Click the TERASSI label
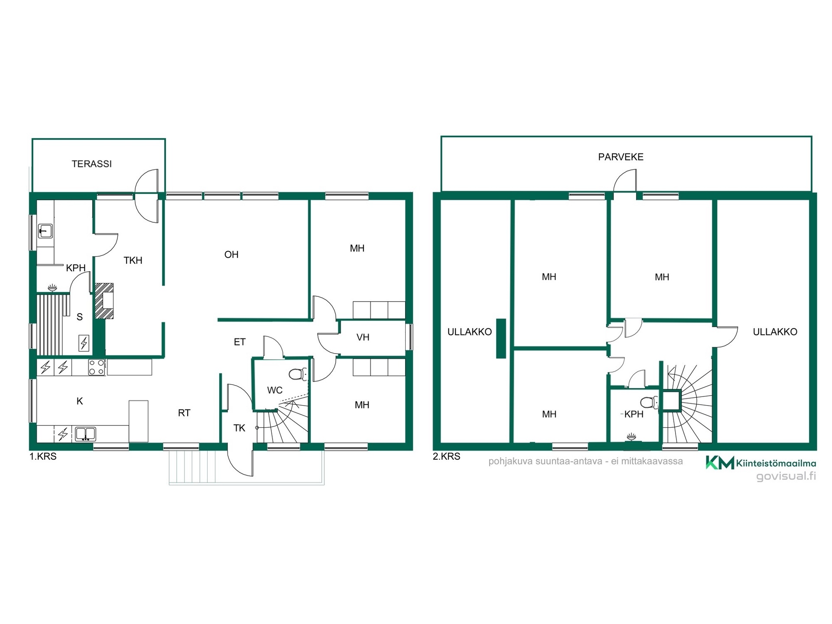(91, 164)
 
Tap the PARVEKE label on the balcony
(621, 157)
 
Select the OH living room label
(231, 254)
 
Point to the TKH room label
(133, 260)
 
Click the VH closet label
(363, 337)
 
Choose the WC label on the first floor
(275, 390)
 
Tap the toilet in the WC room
(298, 374)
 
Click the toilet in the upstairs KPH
(649, 403)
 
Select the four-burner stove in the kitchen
(97, 367)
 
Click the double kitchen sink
(86, 434)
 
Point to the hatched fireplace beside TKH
(104, 301)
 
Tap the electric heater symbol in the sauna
(84, 343)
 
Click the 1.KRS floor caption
(43, 456)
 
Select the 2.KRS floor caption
(446, 456)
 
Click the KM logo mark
(720, 462)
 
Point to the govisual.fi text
(786, 476)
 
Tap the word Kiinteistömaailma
(776, 464)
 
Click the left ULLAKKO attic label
(469, 332)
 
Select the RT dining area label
(184, 413)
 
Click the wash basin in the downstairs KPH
(45, 231)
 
